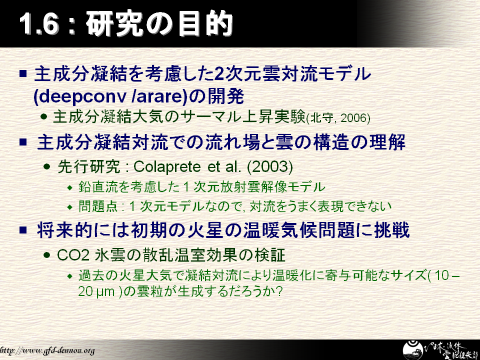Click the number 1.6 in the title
[x=38, y=24]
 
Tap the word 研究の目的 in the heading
[x=159, y=24]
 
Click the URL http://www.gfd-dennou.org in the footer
[x=47, y=350]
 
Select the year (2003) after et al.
[x=269, y=166]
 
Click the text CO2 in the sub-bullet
[x=73, y=255]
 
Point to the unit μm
[x=105, y=291]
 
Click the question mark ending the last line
[x=278, y=291]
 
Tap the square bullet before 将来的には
[x=23, y=230]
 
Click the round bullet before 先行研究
[x=46, y=167]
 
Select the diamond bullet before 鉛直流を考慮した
[x=70, y=187]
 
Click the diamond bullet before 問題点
[x=70, y=207]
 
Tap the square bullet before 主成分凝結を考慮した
[x=23, y=74]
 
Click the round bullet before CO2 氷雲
[x=46, y=255]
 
